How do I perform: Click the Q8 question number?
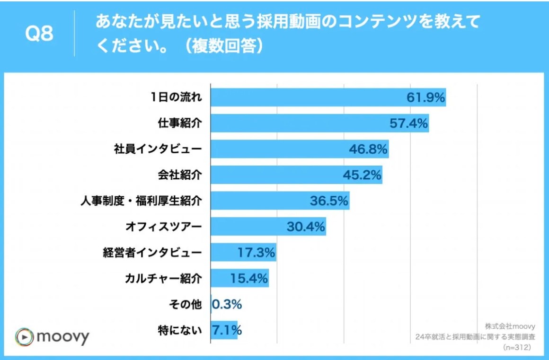click(39, 35)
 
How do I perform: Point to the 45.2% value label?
click(362, 175)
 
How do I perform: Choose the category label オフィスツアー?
click(163, 227)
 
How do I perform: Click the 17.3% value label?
click(256, 253)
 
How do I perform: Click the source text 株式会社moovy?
click(510, 326)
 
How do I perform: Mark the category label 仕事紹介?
click(179, 124)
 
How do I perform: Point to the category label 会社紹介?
click(179, 175)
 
